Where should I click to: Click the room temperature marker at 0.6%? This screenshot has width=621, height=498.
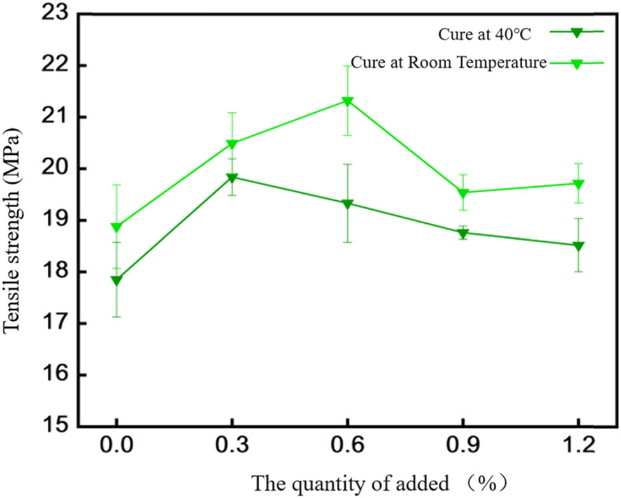click(347, 101)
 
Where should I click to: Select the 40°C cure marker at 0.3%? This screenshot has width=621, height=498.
click(232, 177)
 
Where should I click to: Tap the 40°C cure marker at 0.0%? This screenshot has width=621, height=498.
click(117, 280)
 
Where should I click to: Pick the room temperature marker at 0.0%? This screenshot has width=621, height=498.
click(117, 228)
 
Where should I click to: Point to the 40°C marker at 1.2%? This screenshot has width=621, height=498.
click(578, 246)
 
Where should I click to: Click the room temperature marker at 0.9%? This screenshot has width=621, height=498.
click(462, 193)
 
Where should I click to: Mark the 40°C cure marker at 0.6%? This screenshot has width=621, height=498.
click(347, 204)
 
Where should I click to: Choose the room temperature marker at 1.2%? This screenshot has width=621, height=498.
click(578, 184)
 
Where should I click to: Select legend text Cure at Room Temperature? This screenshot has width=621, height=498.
click(449, 63)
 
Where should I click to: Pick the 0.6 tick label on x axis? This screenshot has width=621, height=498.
click(347, 445)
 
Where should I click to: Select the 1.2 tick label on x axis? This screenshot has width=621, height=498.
click(578, 445)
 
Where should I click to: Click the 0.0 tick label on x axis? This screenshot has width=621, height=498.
click(117, 445)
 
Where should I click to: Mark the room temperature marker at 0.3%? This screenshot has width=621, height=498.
click(232, 144)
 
